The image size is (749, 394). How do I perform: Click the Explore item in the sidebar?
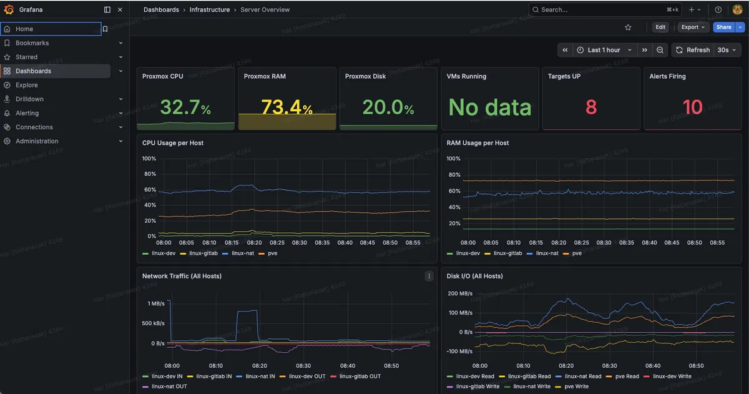(26, 85)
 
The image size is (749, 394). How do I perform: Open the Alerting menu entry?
(27, 113)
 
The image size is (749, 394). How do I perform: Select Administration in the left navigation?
(37, 141)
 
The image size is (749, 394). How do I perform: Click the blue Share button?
(723, 27)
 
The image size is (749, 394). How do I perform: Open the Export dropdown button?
(693, 27)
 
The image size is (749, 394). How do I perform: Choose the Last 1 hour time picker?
(604, 50)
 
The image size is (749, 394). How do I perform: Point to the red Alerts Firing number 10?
(692, 107)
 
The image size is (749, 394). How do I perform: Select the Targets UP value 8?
(590, 107)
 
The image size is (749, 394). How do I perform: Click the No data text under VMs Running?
(489, 107)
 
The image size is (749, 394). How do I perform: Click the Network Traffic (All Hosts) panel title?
(182, 276)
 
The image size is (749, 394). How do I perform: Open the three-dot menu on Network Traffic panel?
(429, 276)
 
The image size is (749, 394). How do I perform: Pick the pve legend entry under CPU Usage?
(272, 254)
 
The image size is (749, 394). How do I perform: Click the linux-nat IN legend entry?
(260, 377)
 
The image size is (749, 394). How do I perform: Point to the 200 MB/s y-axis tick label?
(461, 293)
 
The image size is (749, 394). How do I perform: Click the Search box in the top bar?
(599, 10)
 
